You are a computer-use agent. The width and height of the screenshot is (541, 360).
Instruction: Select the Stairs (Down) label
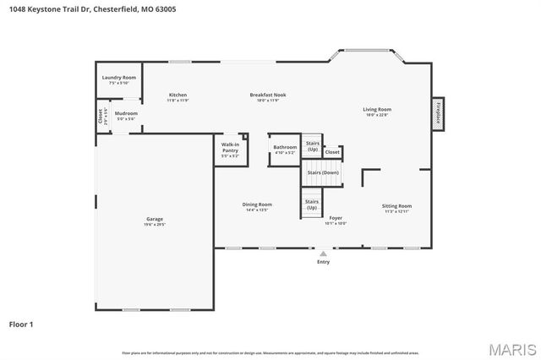pos(323,172)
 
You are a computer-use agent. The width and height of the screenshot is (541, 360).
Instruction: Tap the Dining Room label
pos(257,205)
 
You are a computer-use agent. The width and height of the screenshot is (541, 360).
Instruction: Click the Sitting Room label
pos(396,207)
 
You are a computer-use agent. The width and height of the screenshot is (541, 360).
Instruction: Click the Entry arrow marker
pos(323,252)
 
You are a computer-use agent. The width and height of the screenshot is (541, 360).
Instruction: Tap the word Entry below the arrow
pos(323,262)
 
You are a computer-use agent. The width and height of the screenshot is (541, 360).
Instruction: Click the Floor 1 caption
pos(21,324)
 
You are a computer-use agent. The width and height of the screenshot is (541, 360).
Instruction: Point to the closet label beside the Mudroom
pos(100,116)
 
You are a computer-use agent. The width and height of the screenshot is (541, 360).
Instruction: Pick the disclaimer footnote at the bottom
pos(270,352)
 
